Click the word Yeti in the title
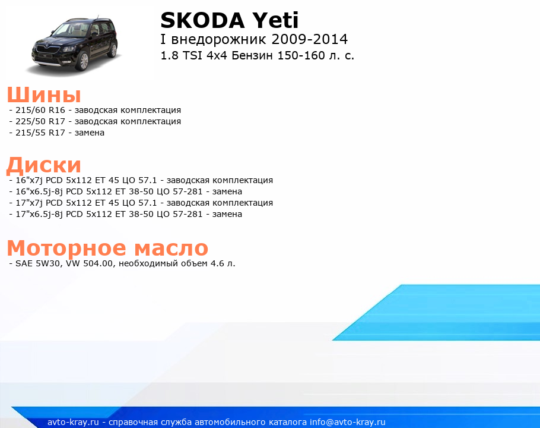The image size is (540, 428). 275,20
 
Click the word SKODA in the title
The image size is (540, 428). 203,20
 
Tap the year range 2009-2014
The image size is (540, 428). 310,39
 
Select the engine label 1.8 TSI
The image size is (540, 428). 181,55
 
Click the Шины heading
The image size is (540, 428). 44,95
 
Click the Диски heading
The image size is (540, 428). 44,165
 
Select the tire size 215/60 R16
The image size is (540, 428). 40,110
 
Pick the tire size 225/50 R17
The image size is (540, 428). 40,121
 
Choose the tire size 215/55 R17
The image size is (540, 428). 40,133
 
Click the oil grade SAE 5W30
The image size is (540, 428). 39,263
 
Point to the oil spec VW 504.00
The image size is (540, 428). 90,263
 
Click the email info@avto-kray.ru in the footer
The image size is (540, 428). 348,422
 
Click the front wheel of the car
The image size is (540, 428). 83,61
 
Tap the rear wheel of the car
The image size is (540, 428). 113,51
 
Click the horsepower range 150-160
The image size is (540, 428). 301,55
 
